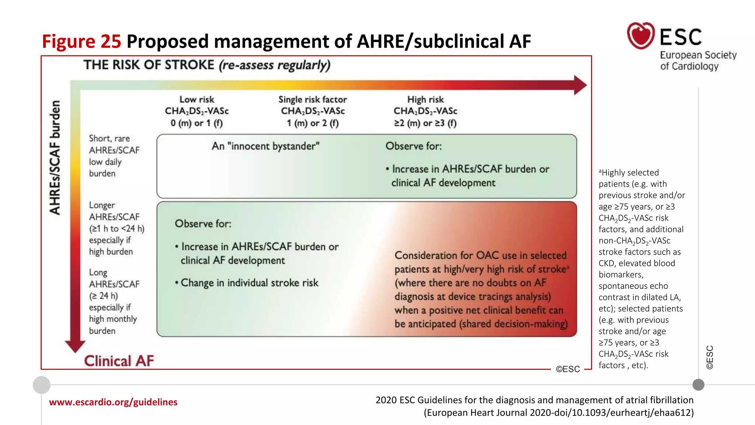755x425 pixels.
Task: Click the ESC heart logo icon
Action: point(641,35)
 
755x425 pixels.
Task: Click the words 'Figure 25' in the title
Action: point(81,41)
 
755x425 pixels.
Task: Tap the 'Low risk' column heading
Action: point(196,100)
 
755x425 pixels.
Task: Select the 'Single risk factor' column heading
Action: point(313,100)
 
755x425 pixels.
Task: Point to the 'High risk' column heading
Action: point(425,100)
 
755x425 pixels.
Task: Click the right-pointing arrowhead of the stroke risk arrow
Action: point(580,85)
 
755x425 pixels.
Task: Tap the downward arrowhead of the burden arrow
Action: point(75,346)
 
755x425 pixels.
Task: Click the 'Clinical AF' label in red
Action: point(119,361)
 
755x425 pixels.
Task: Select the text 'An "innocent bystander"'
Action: point(265,146)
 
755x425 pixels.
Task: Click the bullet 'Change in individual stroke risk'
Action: point(247,283)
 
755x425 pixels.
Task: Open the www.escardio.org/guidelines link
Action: point(113,402)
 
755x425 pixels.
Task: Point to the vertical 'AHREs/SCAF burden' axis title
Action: point(55,158)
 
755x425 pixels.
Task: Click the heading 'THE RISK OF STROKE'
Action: point(149,65)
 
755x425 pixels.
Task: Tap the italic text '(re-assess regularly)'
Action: point(275,65)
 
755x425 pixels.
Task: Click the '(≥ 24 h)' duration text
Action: point(104,296)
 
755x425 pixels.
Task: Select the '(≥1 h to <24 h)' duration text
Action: point(116,229)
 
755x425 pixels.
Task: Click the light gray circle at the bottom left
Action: point(42,385)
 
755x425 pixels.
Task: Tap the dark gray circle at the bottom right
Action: point(698,385)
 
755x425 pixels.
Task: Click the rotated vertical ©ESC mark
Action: point(710,357)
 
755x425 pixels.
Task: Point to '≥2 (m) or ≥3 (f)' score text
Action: point(425,123)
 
